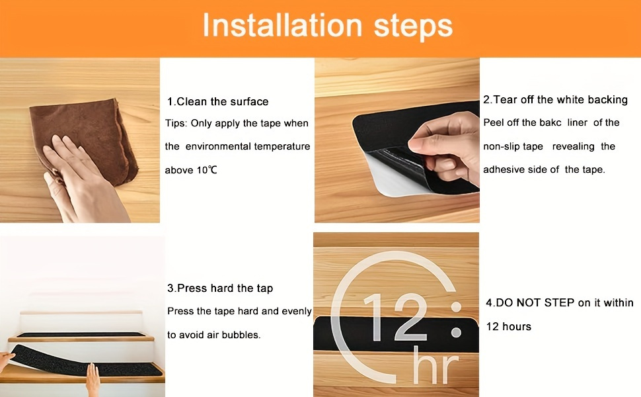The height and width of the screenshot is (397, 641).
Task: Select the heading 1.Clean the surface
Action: pos(217,102)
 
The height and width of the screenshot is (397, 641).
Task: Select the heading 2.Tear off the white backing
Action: pos(555,100)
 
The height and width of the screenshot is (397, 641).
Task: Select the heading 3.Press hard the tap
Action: pos(220,288)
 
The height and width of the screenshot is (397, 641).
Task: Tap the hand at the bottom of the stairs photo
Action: pos(93,378)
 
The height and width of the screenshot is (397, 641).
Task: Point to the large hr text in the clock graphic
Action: pos(436,367)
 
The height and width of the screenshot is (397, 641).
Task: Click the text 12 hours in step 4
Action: pos(508,326)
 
